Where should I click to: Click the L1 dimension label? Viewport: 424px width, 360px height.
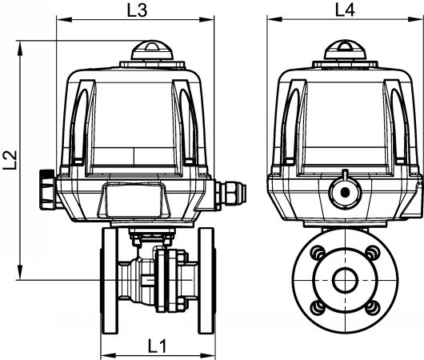[x=157, y=346]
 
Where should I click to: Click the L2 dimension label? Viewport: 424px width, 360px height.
[x=10, y=160]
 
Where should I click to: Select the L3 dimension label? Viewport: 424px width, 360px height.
[x=137, y=11]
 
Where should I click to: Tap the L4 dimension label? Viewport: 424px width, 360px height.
[x=345, y=10]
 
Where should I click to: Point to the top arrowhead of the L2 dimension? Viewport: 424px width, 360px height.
[x=20, y=49]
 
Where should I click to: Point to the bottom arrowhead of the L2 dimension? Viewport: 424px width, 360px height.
[x=20, y=272]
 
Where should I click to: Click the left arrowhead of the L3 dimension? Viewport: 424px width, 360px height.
[x=65, y=19]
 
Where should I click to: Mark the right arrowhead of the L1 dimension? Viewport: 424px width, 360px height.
[x=207, y=355]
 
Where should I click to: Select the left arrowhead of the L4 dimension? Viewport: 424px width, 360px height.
[x=275, y=19]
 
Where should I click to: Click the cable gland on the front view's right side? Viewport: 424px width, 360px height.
[x=230, y=194]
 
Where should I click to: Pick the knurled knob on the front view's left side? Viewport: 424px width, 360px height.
[x=48, y=190]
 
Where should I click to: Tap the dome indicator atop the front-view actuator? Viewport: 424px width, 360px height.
[x=152, y=50]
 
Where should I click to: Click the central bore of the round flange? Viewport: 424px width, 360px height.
[x=346, y=280]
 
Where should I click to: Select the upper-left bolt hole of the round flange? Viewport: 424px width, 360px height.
[x=318, y=253]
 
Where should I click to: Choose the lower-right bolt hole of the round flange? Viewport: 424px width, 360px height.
[x=374, y=308]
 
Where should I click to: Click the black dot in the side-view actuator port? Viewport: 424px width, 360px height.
[x=346, y=193]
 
